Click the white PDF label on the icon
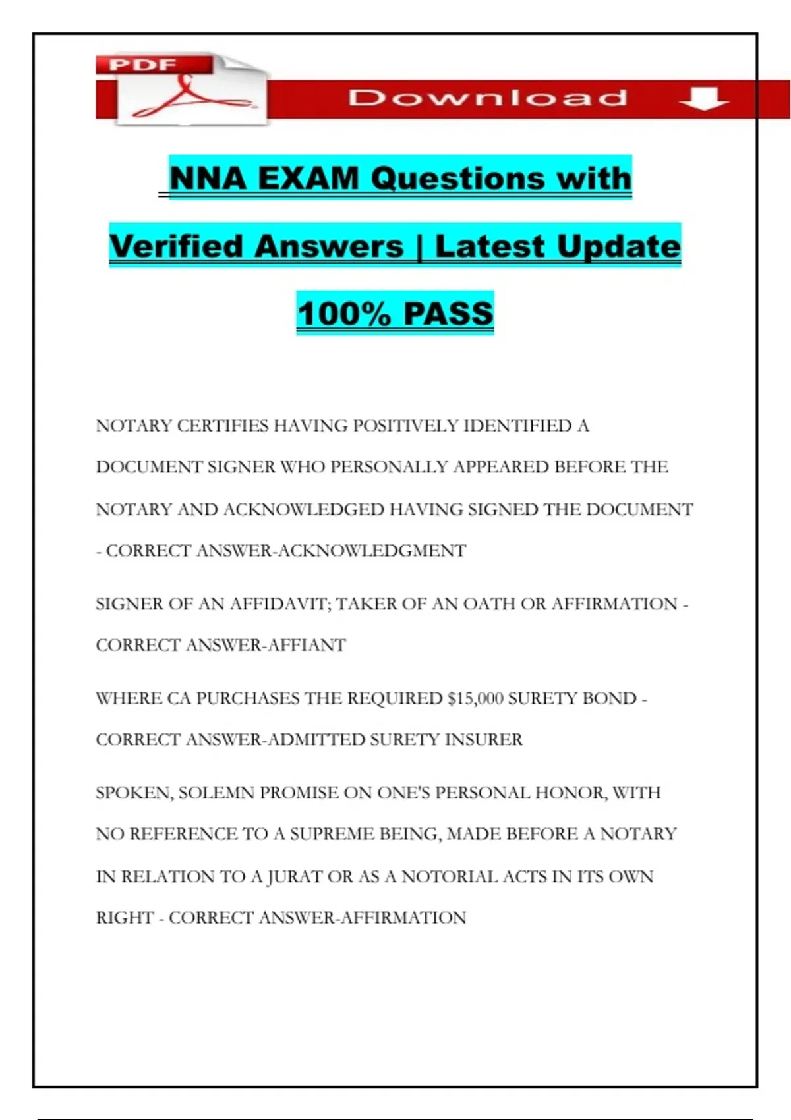(142, 65)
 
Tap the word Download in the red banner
(488, 98)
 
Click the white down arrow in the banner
(703, 99)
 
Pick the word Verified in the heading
(177, 246)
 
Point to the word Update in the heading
(618, 246)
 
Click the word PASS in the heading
(448, 314)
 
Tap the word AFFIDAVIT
(281, 604)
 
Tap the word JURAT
(291, 877)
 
